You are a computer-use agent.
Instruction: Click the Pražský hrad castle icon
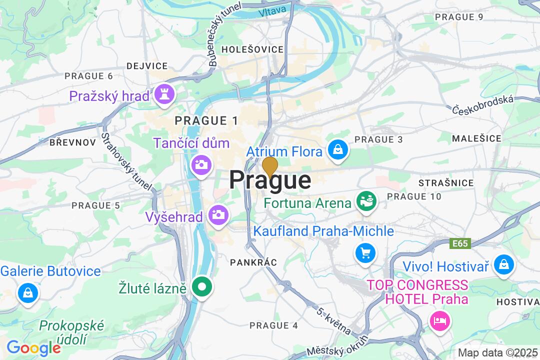[x=163, y=93]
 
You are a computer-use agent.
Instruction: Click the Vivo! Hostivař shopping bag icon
[x=503, y=264]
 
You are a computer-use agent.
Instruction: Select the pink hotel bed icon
[x=440, y=319]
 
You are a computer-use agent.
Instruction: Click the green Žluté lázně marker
[x=202, y=287]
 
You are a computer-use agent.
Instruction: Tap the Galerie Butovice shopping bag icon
[x=28, y=292]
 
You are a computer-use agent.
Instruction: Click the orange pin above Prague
[x=270, y=166]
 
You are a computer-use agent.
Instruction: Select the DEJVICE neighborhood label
[x=147, y=66]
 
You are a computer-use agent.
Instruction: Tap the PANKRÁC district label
[x=253, y=262]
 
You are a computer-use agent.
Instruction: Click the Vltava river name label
[x=273, y=10]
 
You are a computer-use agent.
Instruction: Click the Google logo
[x=33, y=347]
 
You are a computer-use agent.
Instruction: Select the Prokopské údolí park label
[x=72, y=332]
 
